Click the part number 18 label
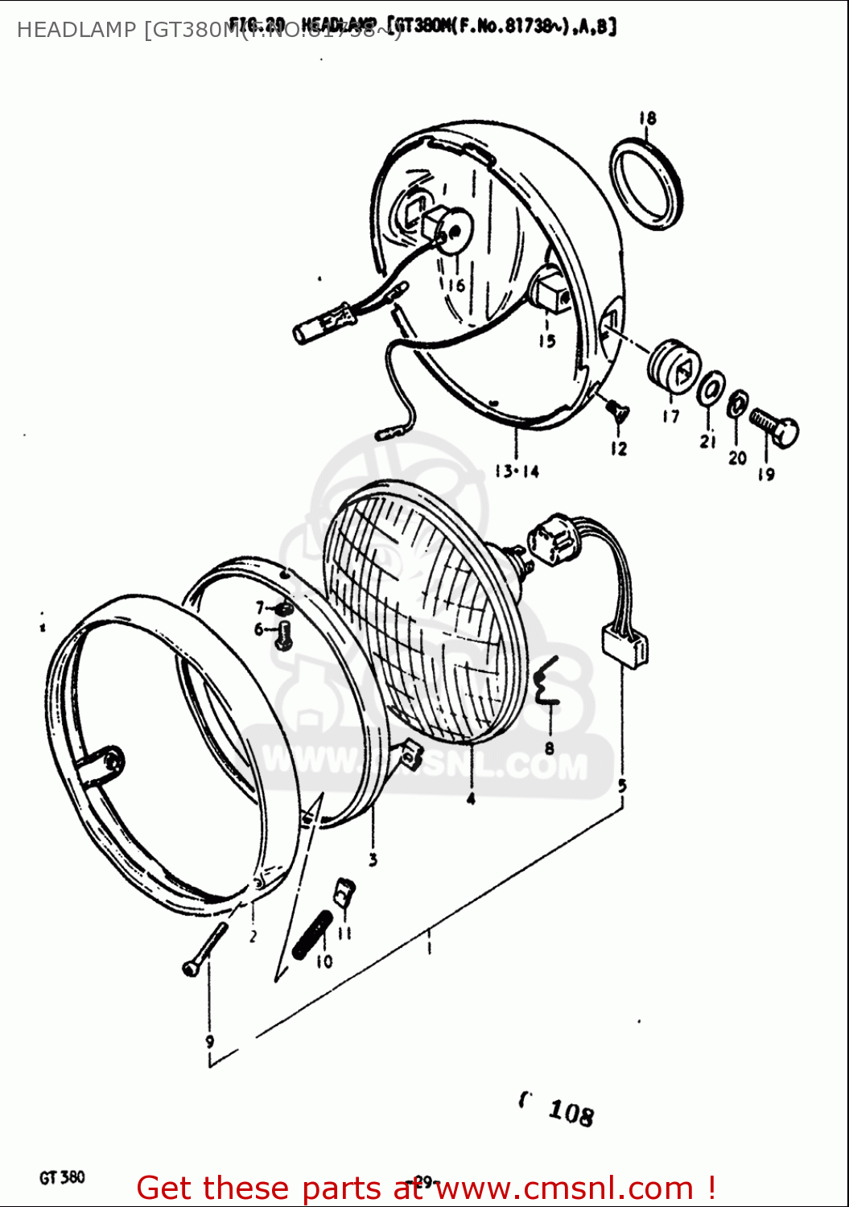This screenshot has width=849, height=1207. [648, 118]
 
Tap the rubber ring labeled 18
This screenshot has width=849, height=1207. [646, 184]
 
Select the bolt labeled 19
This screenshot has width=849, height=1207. [774, 427]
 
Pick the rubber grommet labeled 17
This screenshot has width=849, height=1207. [673, 366]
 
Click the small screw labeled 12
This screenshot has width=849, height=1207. [619, 414]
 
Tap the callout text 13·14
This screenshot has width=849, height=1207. [517, 472]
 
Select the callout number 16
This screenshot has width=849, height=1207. [455, 285]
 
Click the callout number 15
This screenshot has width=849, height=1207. [547, 340]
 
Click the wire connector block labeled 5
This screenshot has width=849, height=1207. [625, 646]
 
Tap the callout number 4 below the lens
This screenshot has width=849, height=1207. [471, 798]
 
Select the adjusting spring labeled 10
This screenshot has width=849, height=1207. [311, 934]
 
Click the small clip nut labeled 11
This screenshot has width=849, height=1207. [344, 892]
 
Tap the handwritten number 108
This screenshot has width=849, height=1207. [571, 1112]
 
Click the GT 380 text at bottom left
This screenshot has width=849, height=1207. [62, 1177]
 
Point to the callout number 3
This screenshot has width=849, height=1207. [373, 860]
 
